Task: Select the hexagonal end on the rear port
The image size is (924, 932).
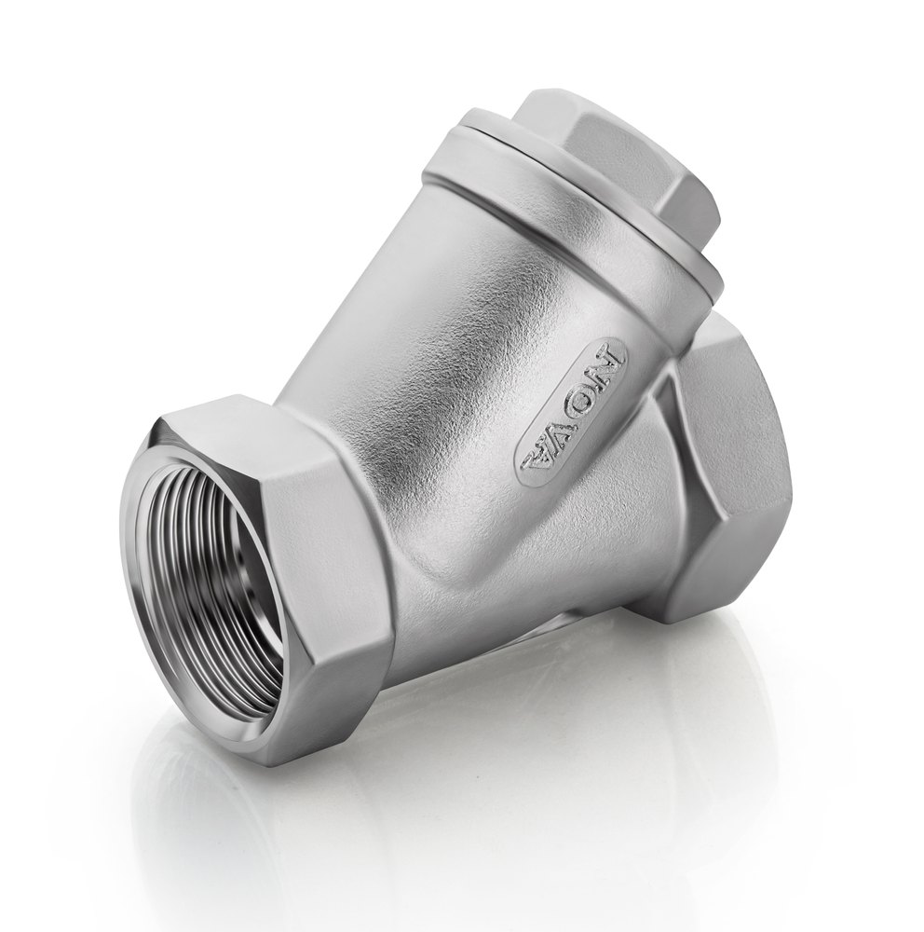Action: (736, 466)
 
